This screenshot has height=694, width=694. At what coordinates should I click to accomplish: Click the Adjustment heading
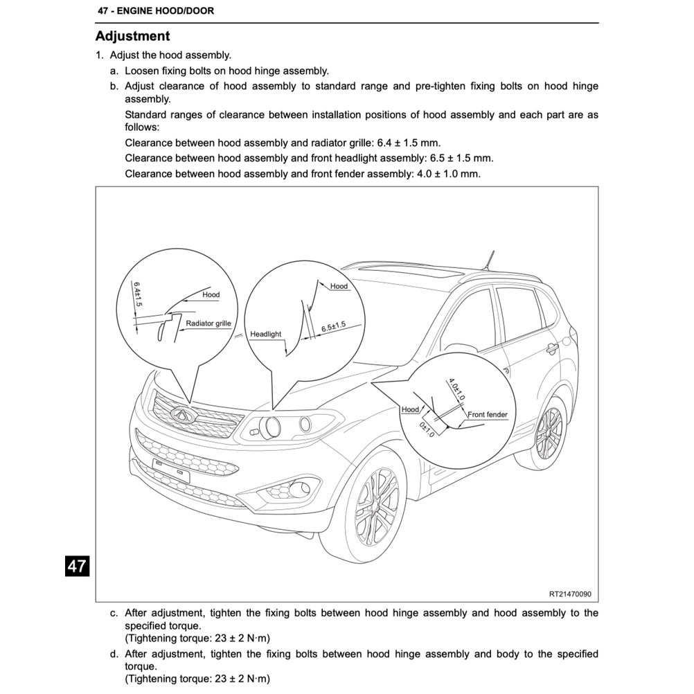click(x=132, y=36)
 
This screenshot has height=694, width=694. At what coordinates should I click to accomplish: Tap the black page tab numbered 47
click(x=76, y=566)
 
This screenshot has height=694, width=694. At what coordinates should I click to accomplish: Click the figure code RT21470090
click(x=570, y=594)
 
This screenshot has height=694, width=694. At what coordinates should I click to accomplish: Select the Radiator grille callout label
click(x=208, y=323)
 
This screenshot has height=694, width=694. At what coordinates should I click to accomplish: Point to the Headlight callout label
click(x=266, y=334)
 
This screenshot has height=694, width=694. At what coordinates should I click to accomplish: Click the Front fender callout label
click(x=488, y=415)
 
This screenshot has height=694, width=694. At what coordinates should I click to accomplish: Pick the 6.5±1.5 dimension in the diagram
click(x=333, y=327)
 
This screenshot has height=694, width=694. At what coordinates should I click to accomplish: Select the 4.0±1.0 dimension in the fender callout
click(x=456, y=389)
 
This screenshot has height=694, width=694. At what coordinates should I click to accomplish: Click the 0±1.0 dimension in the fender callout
click(x=426, y=429)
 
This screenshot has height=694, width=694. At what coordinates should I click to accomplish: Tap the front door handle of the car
click(x=551, y=347)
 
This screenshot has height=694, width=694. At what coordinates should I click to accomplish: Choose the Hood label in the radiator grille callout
click(x=211, y=294)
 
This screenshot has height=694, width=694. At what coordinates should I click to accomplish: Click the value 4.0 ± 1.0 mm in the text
click(x=447, y=174)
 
